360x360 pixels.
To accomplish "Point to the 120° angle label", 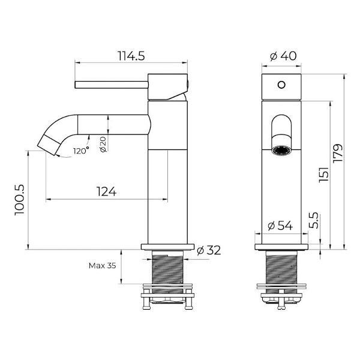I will (x=81, y=151).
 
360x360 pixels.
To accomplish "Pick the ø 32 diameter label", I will (x=209, y=250).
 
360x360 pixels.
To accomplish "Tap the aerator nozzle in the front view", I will (x=281, y=150).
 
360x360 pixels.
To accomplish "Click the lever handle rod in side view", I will (x=111, y=85).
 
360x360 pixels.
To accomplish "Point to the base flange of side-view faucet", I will (x=167, y=246).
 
